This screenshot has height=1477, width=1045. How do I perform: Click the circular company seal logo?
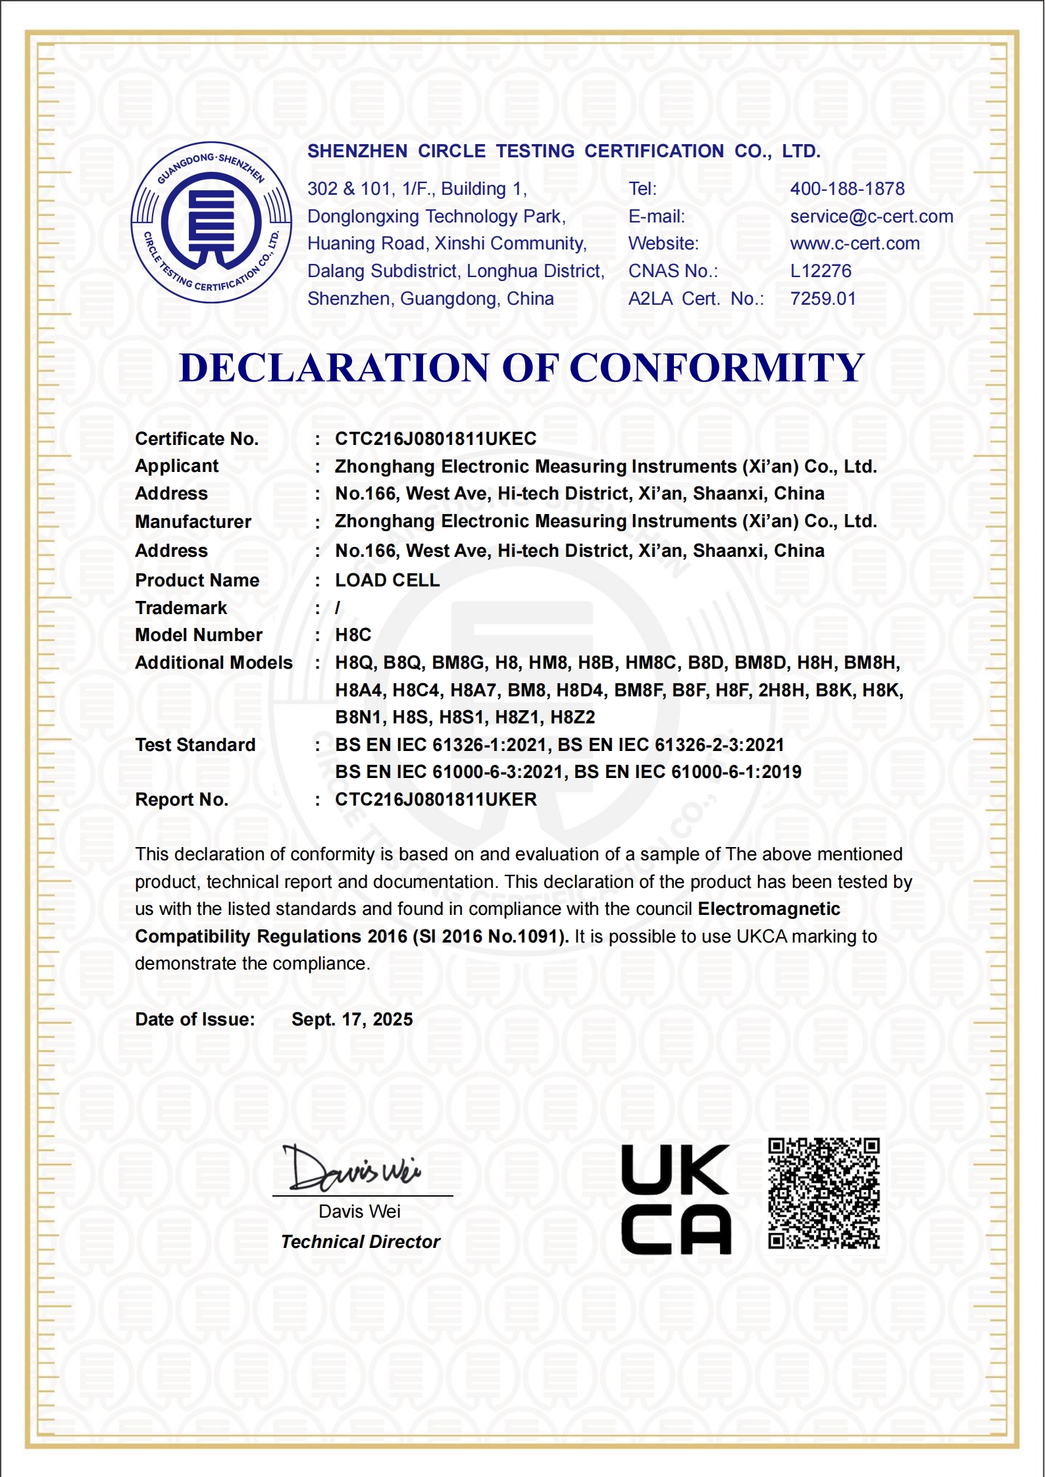pyautogui.click(x=211, y=222)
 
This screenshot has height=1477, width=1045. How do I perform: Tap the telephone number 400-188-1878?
pyautogui.click(x=847, y=189)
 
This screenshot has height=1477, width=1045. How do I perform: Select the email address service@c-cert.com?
pyautogui.click(x=871, y=217)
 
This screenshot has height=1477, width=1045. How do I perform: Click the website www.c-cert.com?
pyautogui.click(x=855, y=244)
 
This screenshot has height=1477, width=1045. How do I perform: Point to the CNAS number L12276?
pyautogui.click(x=821, y=271)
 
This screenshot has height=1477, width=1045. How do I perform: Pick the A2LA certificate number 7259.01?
pyautogui.click(x=823, y=299)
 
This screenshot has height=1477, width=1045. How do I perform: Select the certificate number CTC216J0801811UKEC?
pyautogui.click(x=436, y=439)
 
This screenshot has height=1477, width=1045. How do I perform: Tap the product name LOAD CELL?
pyautogui.click(x=387, y=581)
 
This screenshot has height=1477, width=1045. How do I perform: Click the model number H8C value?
pyautogui.click(x=353, y=635)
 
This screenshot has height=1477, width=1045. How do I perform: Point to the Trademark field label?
pyautogui.click(x=181, y=608)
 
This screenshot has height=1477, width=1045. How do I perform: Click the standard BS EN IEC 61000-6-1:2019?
pyautogui.click(x=688, y=772)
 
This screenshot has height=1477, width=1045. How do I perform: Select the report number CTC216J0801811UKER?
pyautogui.click(x=436, y=800)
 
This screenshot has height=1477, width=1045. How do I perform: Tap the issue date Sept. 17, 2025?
pyautogui.click(x=352, y=1020)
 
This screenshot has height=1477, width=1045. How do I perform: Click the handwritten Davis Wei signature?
pyautogui.click(x=352, y=1168)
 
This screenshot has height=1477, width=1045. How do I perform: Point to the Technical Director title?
pyautogui.click(x=360, y=1242)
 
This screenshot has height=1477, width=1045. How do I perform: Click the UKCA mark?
pyautogui.click(x=676, y=1199)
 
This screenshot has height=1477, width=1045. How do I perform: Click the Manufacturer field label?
pyautogui.click(x=193, y=522)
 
